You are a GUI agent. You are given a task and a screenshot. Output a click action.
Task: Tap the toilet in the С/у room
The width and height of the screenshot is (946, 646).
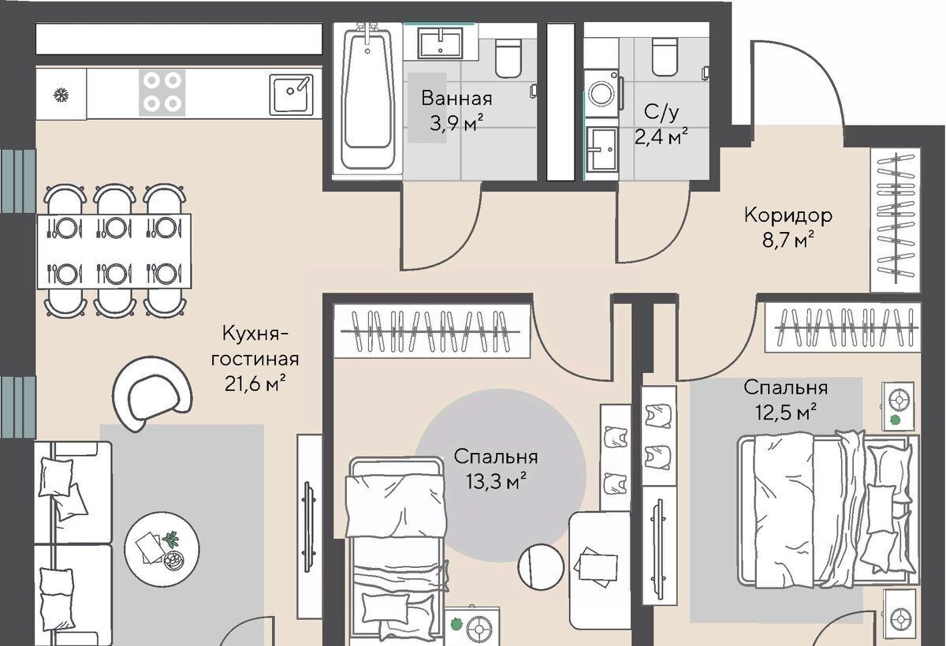[x=665, y=56]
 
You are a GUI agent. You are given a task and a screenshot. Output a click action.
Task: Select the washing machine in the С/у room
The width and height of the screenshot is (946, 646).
[x=602, y=93]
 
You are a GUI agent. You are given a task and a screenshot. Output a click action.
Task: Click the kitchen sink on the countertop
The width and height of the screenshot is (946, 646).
[x=292, y=95]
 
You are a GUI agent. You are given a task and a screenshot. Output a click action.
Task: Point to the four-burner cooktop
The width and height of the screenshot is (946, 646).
[x=162, y=92]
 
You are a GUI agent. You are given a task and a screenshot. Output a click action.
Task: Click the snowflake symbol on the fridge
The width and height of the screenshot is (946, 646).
[x=61, y=95]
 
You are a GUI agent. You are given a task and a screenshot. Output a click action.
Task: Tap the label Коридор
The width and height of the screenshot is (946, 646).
[x=788, y=215]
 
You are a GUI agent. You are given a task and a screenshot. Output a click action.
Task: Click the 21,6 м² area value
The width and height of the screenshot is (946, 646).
[x=255, y=383]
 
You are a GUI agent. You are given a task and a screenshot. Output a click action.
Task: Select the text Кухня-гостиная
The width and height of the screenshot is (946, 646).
[x=255, y=346]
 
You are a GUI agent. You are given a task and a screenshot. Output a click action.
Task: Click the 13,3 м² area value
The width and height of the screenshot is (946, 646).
[x=496, y=481]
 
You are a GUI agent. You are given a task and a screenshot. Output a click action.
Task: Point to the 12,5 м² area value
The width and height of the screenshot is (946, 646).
[x=785, y=412]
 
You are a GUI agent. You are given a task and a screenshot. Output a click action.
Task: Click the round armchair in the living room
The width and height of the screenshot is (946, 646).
[x=152, y=394]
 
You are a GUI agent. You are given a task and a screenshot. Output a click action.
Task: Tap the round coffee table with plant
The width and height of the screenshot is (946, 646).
[x=162, y=550]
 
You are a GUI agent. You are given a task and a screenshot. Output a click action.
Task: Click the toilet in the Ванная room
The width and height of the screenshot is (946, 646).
[x=507, y=58]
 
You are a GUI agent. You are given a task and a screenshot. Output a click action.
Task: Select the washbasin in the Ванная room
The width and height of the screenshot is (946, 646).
[x=440, y=43]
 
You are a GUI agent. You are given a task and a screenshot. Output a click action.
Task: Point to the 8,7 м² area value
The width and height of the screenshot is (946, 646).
[x=788, y=241]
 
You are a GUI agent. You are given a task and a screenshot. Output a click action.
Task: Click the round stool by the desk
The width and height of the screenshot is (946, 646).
[x=541, y=567]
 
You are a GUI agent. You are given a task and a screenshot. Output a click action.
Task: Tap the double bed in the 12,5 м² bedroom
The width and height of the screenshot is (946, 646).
[x=828, y=509]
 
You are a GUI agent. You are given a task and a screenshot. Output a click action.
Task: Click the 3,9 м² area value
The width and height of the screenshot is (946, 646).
[x=456, y=124]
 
